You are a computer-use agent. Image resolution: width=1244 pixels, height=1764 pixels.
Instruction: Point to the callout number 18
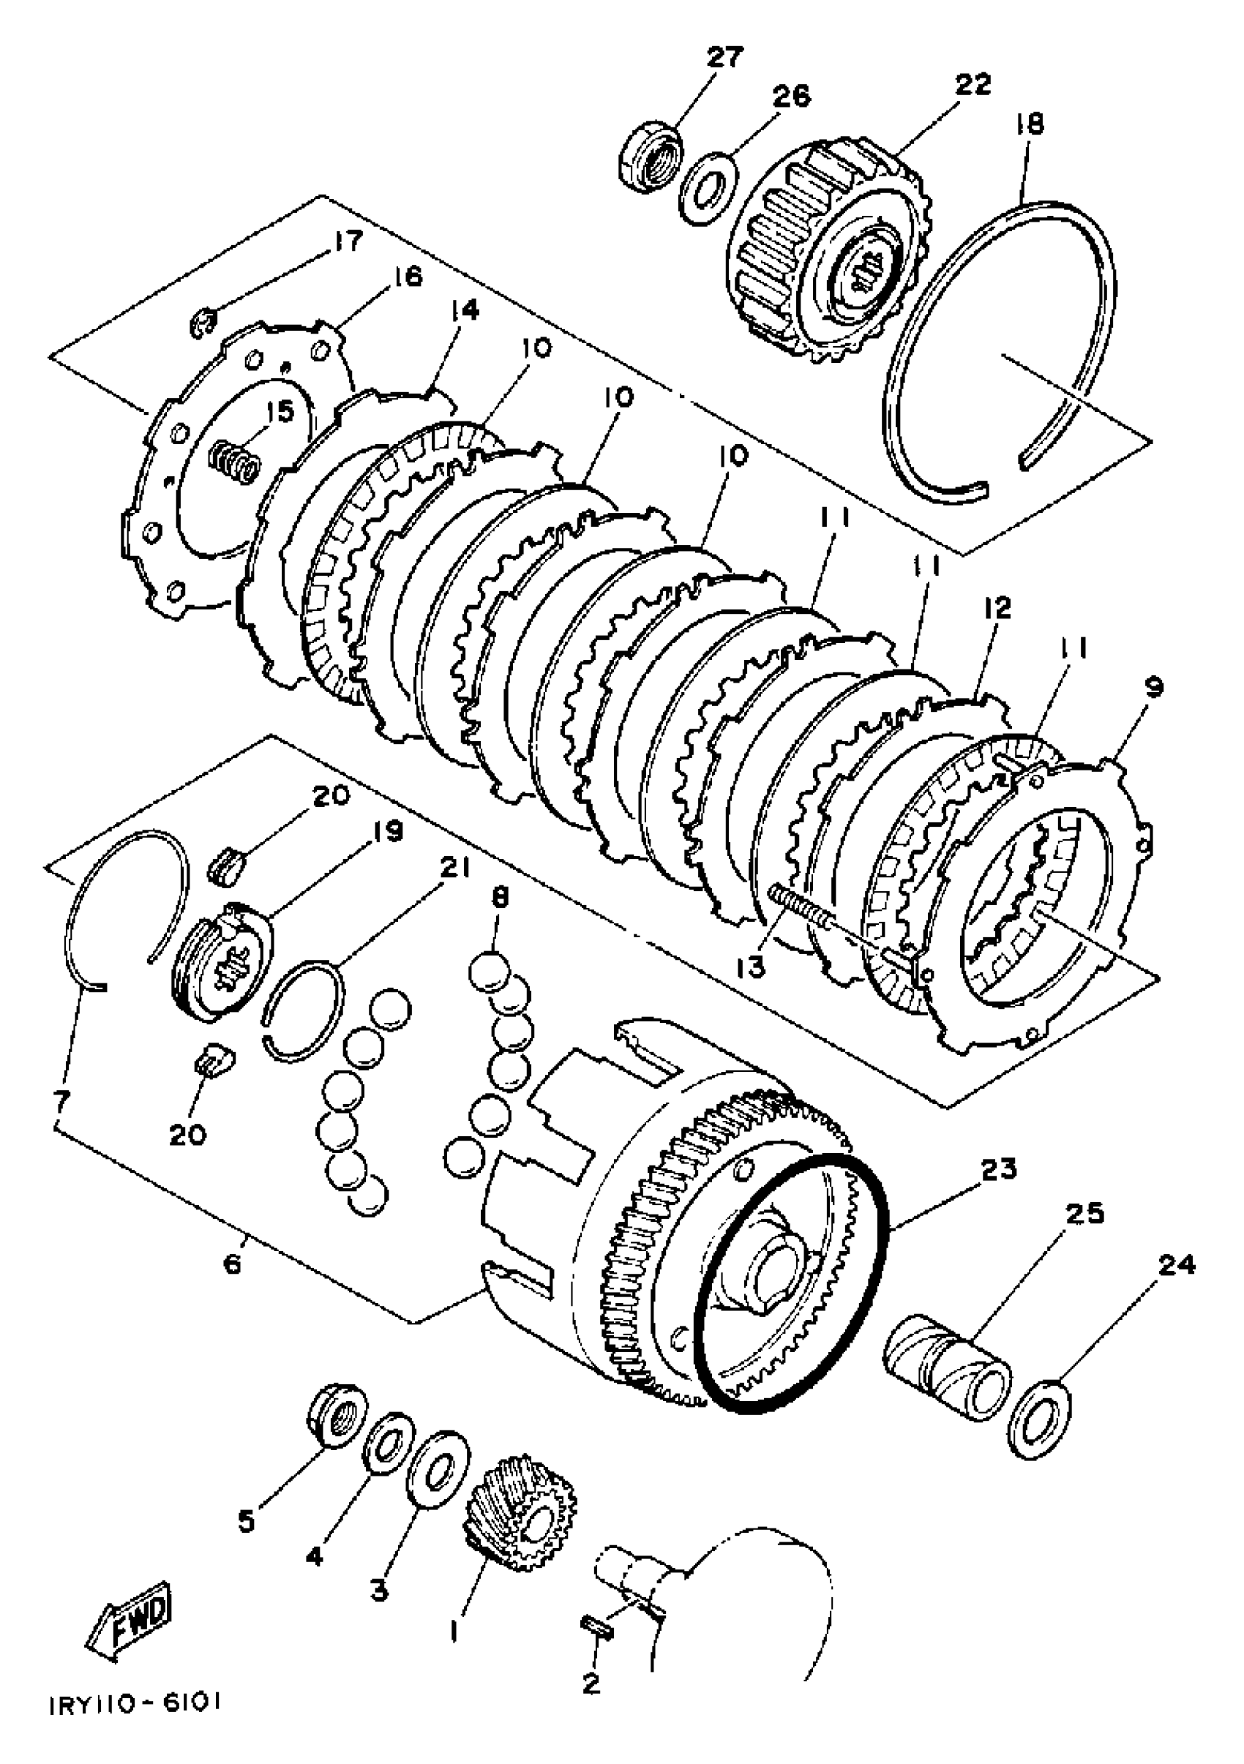pyautogui.click(x=1030, y=124)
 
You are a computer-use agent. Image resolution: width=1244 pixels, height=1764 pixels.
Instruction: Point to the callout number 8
pyautogui.click(x=501, y=899)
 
